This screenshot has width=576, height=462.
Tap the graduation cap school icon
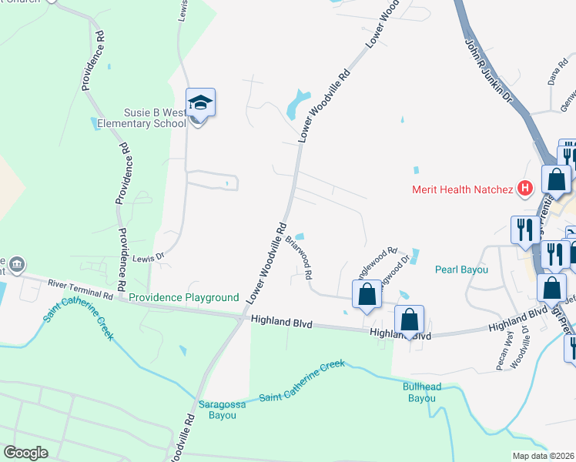(x=200, y=103)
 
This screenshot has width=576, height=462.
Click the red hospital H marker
(x=526, y=187)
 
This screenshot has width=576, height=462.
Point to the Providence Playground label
(x=184, y=297)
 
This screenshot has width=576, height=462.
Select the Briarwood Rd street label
(x=299, y=257)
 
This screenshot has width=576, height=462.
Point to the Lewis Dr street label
(x=149, y=258)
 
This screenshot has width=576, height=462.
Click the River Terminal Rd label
(x=80, y=290)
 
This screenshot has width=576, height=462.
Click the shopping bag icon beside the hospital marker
(x=556, y=179)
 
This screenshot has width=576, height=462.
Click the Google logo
(x=26, y=453)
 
